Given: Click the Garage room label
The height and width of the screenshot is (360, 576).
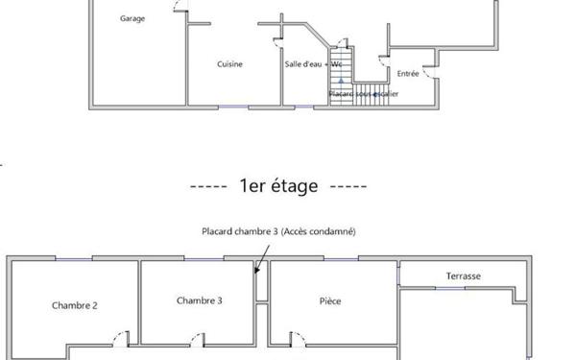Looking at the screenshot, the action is [x=132, y=18].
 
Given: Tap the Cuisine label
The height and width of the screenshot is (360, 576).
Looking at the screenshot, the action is [x=229, y=64].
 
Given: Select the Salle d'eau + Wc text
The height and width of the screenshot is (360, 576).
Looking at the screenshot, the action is [x=313, y=64].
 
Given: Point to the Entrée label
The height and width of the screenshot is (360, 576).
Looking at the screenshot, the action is [x=408, y=74].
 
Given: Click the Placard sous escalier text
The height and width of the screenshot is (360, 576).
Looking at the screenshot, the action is [x=363, y=94].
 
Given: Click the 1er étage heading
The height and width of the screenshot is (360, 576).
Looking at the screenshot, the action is [x=278, y=185].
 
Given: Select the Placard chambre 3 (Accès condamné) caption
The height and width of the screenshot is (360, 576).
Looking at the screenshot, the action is [x=278, y=231].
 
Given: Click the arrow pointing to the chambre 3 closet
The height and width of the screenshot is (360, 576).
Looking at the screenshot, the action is [x=262, y=259].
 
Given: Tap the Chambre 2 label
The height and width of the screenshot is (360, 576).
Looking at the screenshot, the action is [x=75, y=305].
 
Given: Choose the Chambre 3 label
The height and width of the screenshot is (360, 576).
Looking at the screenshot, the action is [x=199, y=300].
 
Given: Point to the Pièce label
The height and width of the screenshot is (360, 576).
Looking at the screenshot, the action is [x=330, y=301].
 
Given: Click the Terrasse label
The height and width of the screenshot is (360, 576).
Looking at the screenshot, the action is [x=464, y=276].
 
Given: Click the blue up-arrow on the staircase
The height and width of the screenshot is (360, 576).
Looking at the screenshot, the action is [x=341, y=81].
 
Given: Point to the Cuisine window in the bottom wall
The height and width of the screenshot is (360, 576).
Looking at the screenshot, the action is [x=233, y=107].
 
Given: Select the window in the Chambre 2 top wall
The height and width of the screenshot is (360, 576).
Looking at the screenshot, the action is [x=74, y=259].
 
